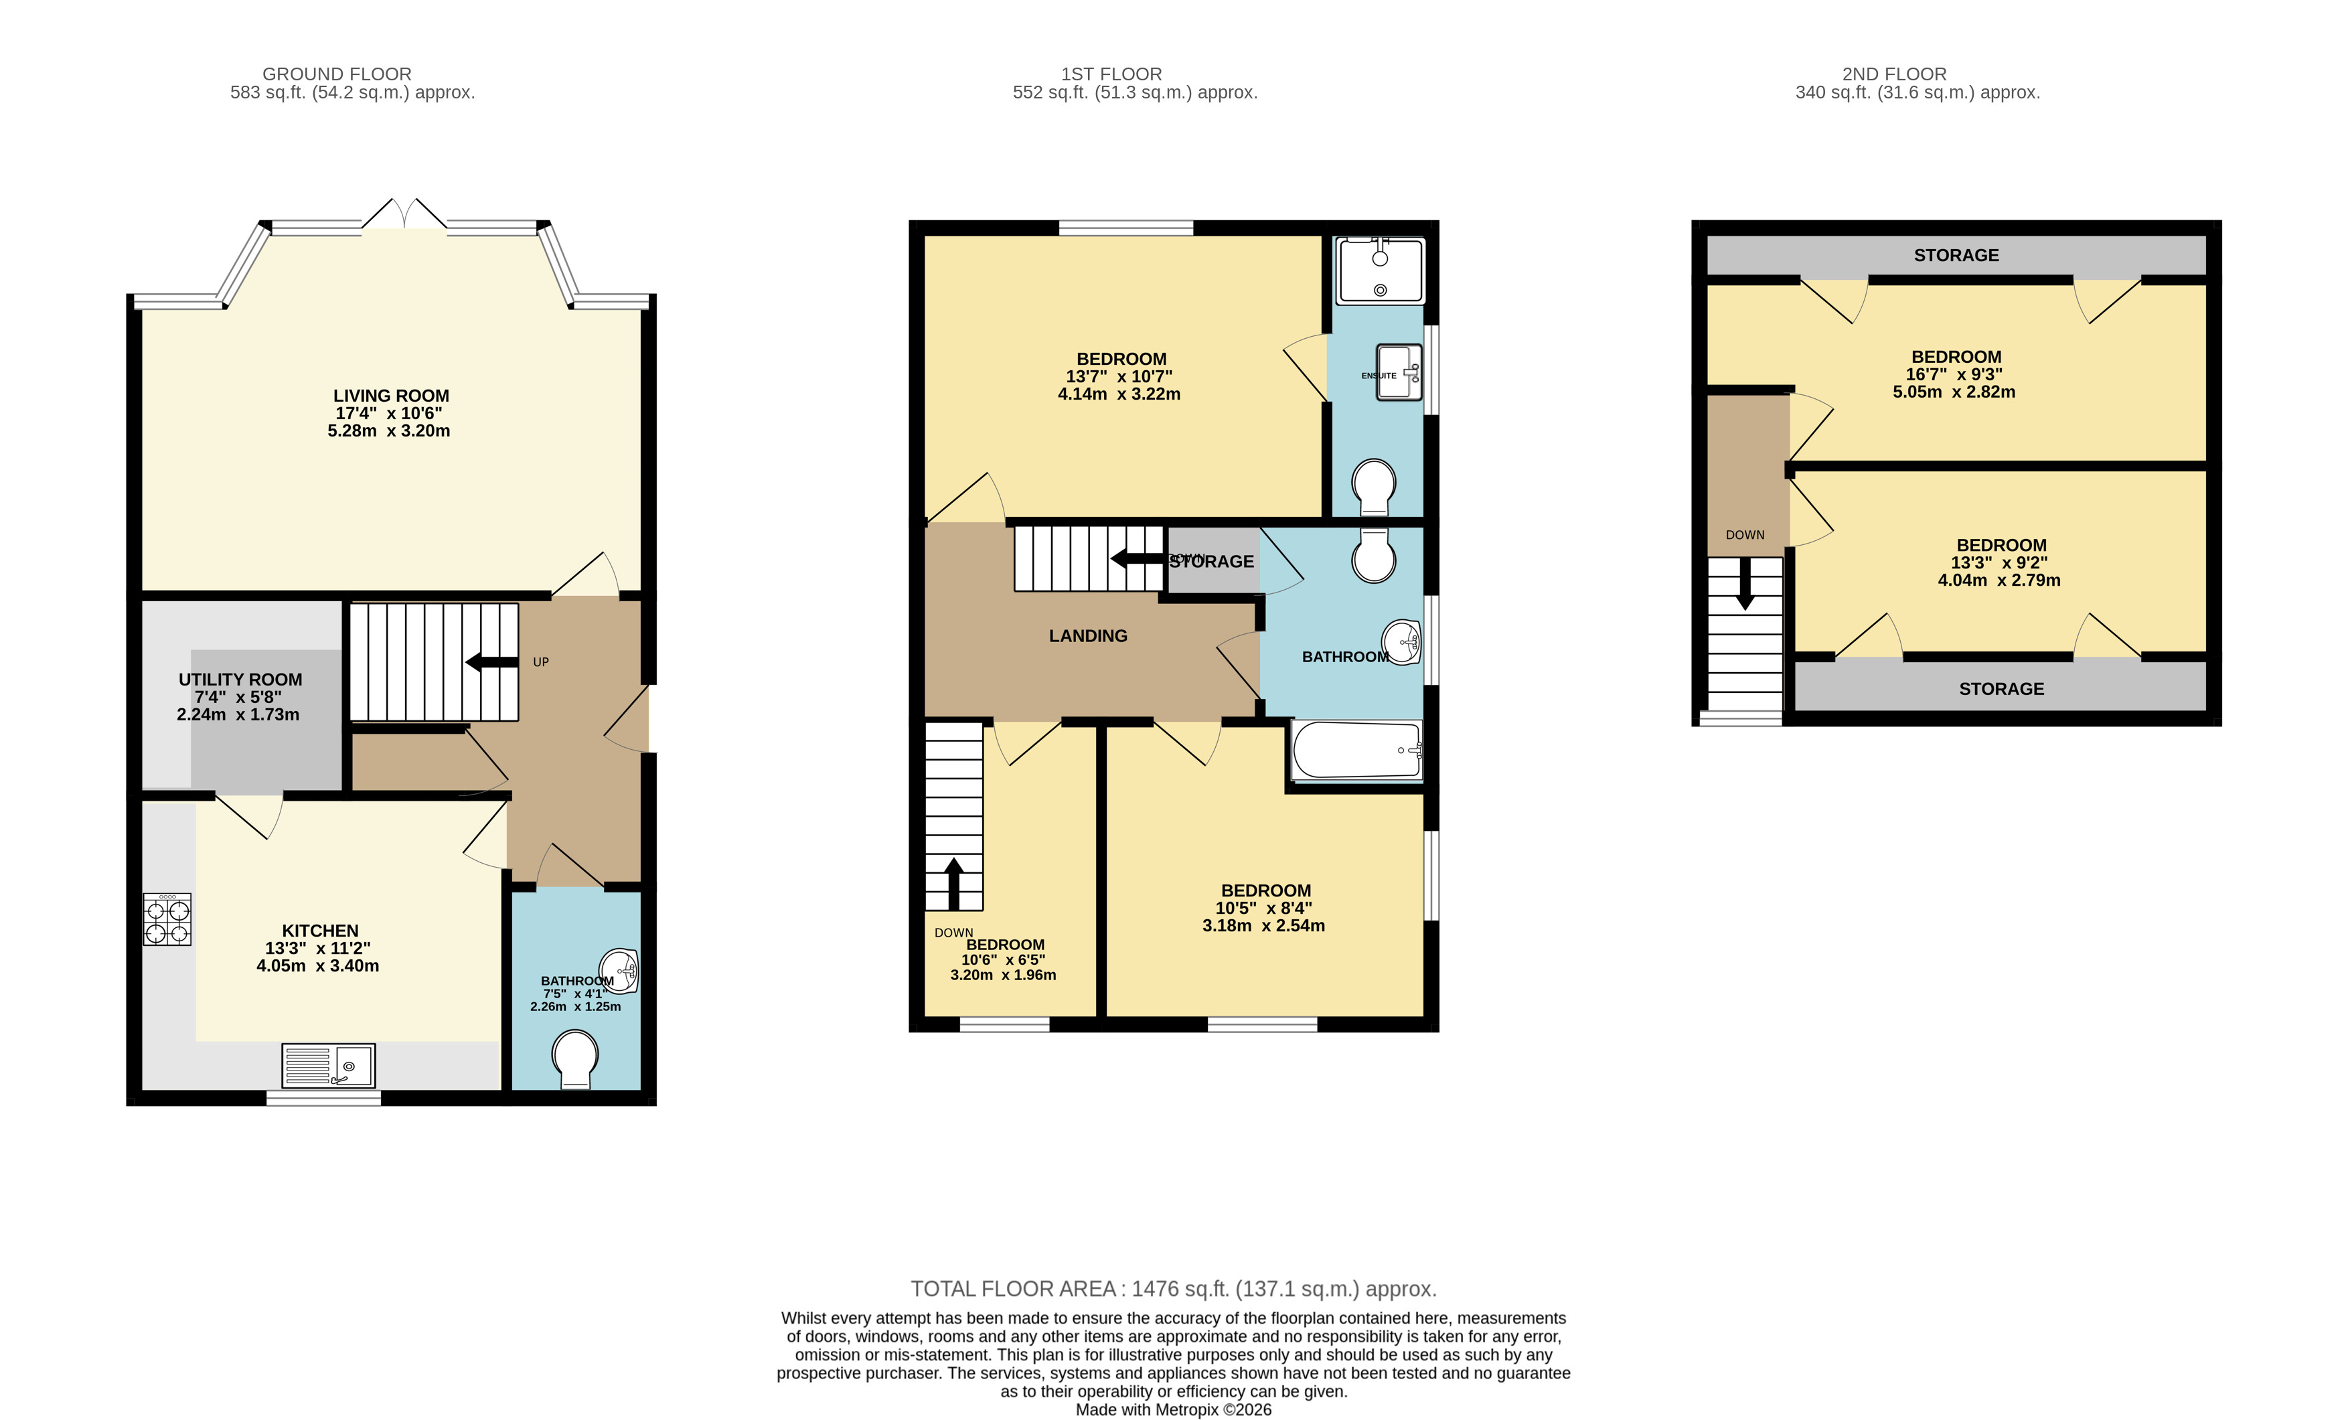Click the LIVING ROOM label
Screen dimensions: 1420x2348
(391, 396)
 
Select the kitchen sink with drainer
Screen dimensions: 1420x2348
(328, 1065)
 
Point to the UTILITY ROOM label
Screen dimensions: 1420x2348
(240, 680)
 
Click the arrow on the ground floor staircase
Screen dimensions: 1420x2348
(491, 662)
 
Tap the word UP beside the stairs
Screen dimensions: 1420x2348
(540, 662)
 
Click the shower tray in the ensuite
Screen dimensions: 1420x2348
(1379, 272)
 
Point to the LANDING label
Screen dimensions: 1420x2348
(1087, 635)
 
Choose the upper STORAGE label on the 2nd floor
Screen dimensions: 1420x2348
(1956, 255)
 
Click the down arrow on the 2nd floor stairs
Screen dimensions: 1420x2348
(1745, 583)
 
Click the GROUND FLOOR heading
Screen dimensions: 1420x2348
(336, 74)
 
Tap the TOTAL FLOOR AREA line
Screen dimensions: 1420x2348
(1173, 1289)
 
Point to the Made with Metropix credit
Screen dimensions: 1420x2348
(1173, 1409)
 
